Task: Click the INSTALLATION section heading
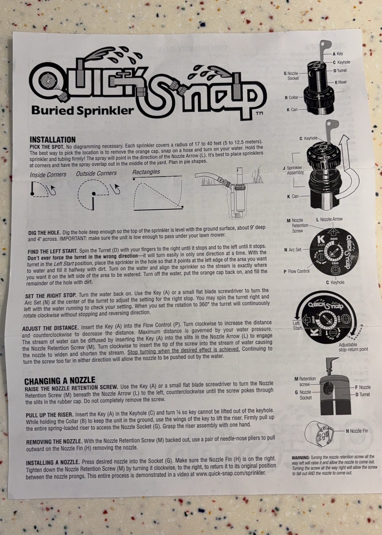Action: click(x=53, y=140)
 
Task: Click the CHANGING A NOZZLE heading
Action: click(x=59, y=380)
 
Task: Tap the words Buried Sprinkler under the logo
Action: click(x=83, y=110)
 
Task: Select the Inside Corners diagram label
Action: click(x=48, y=175)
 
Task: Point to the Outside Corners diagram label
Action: click(x=96, y=173)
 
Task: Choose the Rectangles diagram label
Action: click(x=146, y=172)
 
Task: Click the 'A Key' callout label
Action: click(x=338, y=54)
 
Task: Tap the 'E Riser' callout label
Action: click(x=341, y=82)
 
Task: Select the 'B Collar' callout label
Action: click(x=291, y=98)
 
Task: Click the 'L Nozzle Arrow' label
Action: click(x=329, y=219)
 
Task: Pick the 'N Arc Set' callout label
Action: click(x=293, y=250)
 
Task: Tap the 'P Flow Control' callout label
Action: click(x=297, y=271)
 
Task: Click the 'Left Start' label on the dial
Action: click(x=297, y=326)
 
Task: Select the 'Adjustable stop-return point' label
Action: click(x=353, y=347)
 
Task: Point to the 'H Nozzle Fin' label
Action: click(x=357, y=431)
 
